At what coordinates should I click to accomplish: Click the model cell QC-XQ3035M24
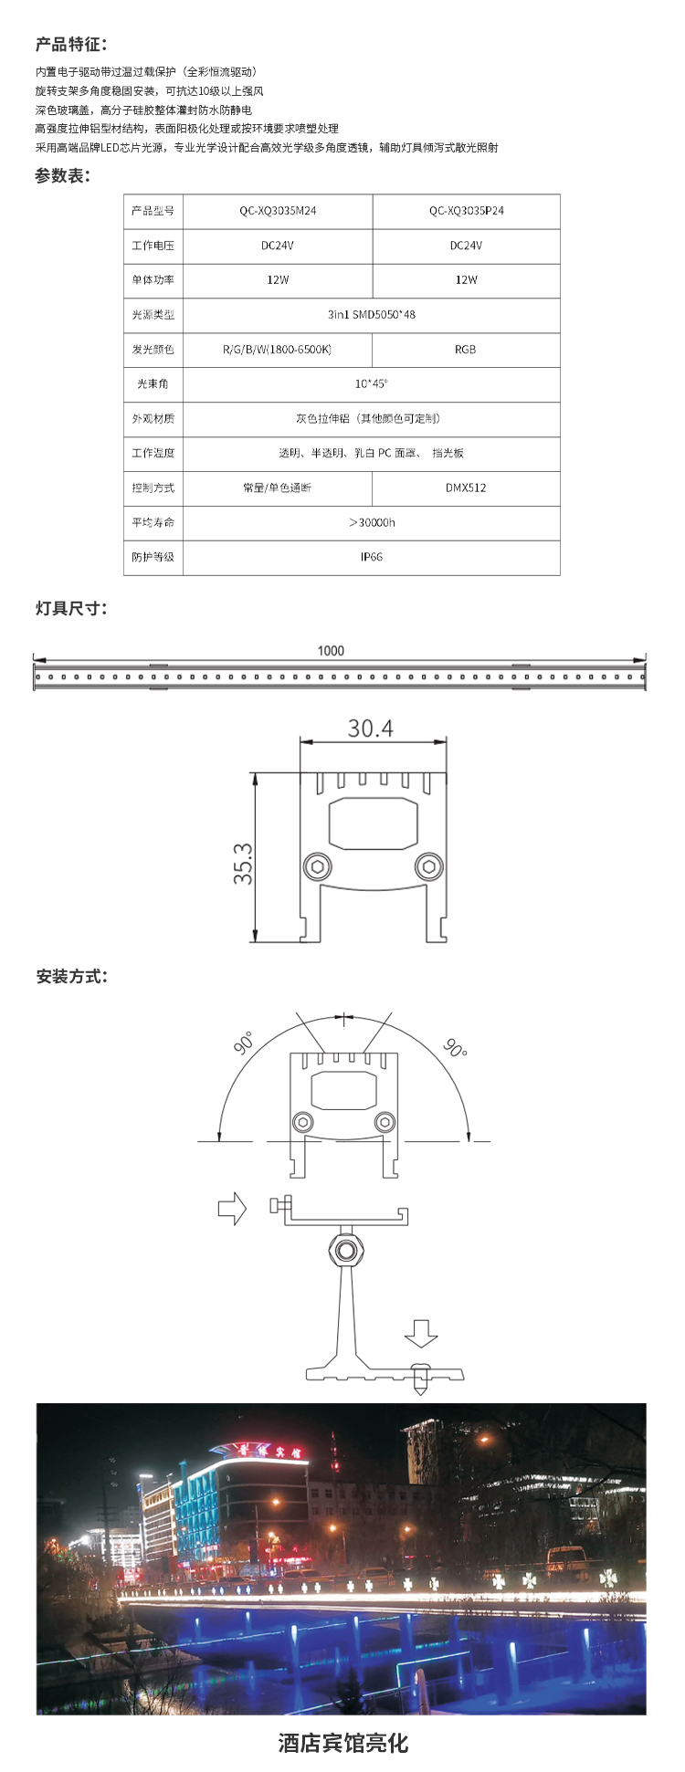pos(278,211)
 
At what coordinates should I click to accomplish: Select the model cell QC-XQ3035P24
pos(466,211)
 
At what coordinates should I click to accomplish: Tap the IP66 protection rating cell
pos(371,557)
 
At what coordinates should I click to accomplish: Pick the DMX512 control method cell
pos(466,488)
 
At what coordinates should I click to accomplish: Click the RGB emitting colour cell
pos(465,350)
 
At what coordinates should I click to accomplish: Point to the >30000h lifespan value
pos(371,522)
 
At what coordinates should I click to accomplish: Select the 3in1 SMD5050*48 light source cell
pos(371,315)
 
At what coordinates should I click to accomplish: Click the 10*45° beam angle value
pos(371,384)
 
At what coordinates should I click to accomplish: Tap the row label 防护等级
pos(153,557)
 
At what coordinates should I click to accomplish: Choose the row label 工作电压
pos(153,246)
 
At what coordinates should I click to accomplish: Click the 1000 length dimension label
pos(331,651)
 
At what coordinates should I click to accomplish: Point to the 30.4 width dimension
pos(370,729)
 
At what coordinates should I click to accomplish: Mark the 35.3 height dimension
pos(243,863)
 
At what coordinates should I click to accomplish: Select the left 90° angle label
pos(244,1043)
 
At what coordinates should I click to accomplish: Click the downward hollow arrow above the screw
pos(421,1334)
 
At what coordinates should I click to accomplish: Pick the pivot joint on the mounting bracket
pos(344,1249)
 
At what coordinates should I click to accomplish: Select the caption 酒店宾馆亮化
pos(342,1743)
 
